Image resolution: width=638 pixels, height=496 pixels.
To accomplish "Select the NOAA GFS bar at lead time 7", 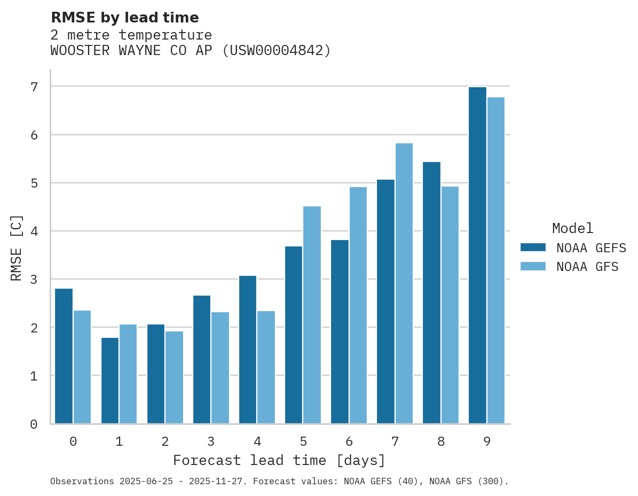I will click(x=404, y=283).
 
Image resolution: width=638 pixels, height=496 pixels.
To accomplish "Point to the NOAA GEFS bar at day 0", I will click(x=64, y=356).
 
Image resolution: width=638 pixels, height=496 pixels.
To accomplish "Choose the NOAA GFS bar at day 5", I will click(x=312, y=315).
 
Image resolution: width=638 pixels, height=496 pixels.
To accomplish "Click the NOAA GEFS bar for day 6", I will click(x=340, y=331).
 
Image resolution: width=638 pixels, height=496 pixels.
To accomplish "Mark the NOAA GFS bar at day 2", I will click(x=174, y=377).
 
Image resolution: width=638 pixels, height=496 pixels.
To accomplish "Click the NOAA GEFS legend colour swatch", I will click(x=533, y=247).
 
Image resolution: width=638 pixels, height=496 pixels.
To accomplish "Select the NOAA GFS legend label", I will click(x=587, y=267).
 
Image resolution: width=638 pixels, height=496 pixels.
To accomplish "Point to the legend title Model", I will click(x=573, y=229).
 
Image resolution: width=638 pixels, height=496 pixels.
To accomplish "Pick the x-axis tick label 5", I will click(x=303, y=442).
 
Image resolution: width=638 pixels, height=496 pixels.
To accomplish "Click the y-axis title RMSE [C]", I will click(x=17, y=247).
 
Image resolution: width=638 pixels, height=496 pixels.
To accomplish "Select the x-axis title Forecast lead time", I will click(x=279, y=461).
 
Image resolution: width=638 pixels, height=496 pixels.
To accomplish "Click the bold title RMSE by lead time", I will click(x=124, y=18).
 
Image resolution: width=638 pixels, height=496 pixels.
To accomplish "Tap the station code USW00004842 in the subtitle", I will click(x=276, y=51).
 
